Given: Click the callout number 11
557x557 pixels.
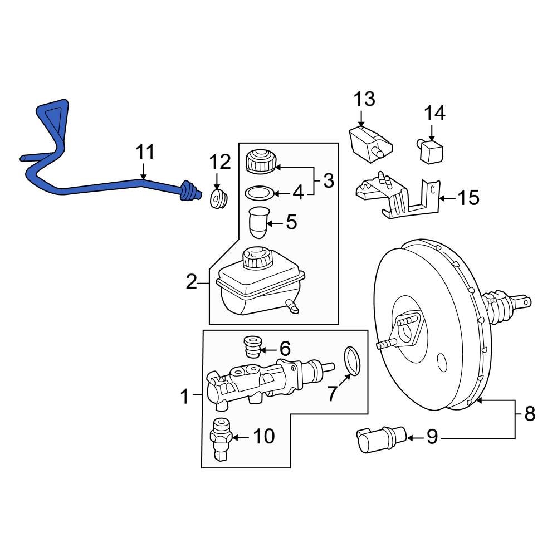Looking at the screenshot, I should (x=145, y=152).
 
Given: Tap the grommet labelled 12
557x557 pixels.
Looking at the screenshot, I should (x=218, y=199).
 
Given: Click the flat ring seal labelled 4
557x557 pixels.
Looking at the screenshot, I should (x=259, y=193).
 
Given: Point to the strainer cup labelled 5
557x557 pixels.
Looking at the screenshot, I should (x=257, y=223).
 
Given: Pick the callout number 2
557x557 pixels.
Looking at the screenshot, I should (x=192, y=284).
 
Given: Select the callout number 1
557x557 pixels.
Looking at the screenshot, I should (x=185, y=397).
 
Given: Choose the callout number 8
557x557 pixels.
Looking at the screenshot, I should (x=529, y=414).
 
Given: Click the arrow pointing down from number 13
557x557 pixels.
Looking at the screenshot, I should (x=360, y=118).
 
